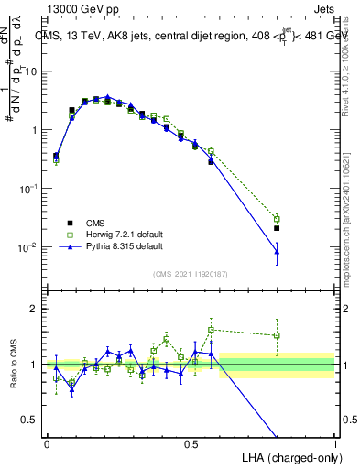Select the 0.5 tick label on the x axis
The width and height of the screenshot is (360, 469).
[191, 442]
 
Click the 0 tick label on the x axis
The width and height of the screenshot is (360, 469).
[47, 442]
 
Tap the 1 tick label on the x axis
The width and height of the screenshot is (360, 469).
[334, 442]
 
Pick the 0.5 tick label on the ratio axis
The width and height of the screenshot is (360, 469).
[32, 420]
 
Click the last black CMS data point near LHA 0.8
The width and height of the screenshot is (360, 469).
[277, 228]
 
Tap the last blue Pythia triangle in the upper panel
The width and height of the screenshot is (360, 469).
[277, 251]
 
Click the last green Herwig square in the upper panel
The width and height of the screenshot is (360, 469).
[277, 219]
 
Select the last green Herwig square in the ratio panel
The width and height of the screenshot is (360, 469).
[277, 335]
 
